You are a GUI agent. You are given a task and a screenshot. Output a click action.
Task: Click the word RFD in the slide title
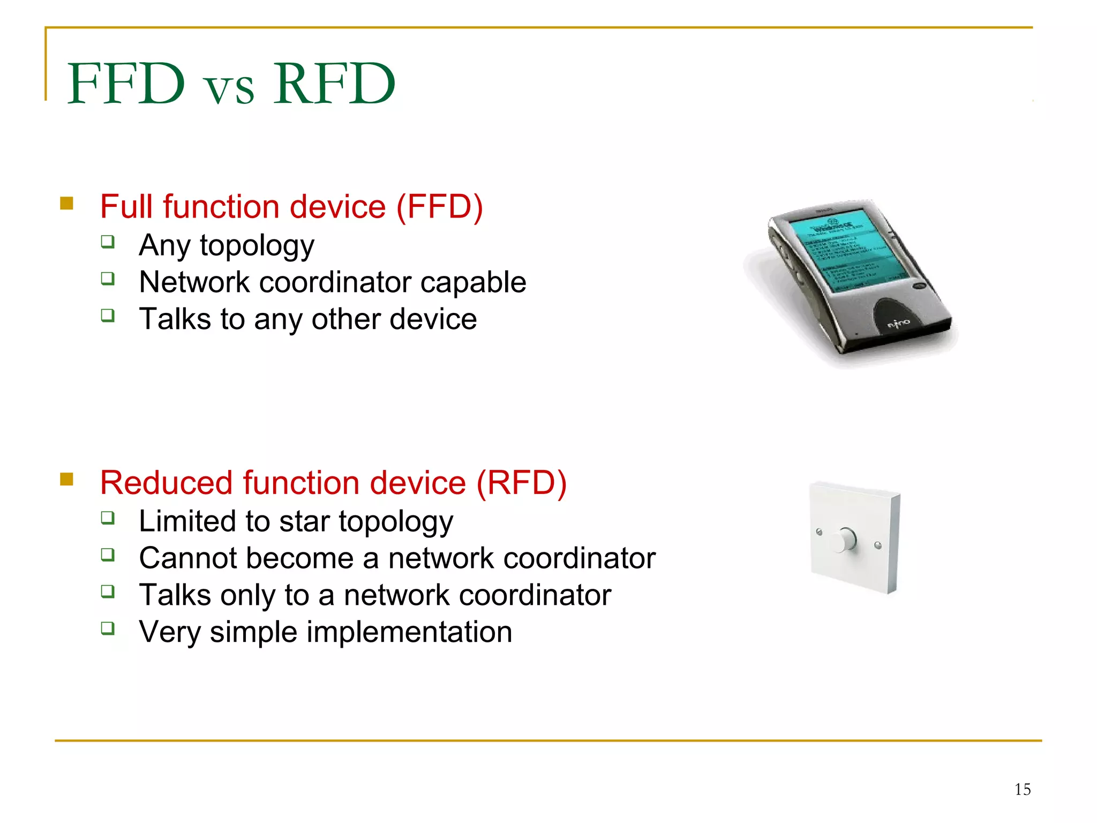click(x=334, y=84)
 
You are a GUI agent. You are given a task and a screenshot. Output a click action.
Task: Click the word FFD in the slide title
click(x=126, y=84)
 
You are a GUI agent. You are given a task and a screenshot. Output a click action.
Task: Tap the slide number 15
click(x=1022, y=789)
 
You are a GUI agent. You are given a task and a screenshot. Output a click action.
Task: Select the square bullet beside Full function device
click(x=66, y=204)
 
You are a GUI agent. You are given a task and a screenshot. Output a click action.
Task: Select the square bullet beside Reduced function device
click(x=66, y=479)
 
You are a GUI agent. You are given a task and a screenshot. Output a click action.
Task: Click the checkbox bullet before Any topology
click(x=108, y=242)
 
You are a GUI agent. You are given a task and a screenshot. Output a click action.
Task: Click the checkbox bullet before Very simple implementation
click(x=108, y=628)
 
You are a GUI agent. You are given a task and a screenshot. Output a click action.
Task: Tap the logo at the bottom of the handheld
click(x=898, y=323)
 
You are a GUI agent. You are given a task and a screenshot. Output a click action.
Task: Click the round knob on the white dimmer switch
click(x=844, y=540)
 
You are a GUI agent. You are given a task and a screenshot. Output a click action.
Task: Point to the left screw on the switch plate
click(x=818, y=532)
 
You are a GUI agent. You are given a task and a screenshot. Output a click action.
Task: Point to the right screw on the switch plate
click(x=877, y=545)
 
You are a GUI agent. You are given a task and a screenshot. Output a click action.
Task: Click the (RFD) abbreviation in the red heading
click(x=521, y=483)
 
